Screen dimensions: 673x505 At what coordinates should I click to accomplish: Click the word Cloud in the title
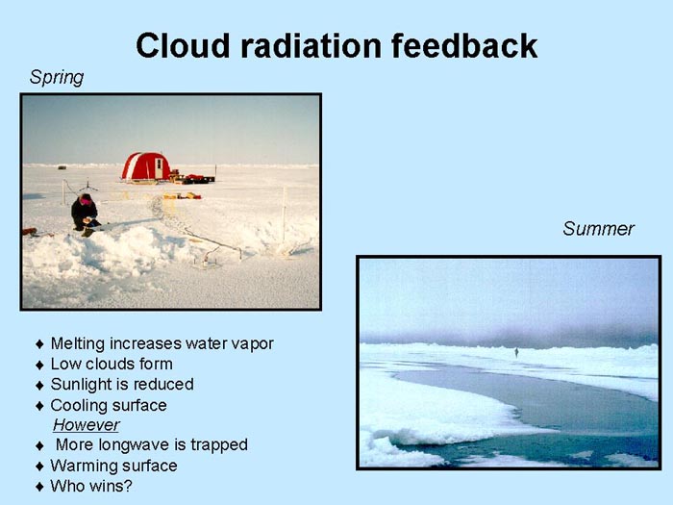point(183,45)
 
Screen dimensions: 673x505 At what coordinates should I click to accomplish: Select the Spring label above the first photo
point(56,78)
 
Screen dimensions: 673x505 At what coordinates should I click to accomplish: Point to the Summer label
point(598,229)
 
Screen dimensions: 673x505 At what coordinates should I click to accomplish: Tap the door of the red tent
point(159,168)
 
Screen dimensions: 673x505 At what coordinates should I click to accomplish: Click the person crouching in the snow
point(85,214)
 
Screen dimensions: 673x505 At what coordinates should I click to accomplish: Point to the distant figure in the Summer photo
point(516,353)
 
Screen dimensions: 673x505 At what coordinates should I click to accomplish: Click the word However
point(87,425)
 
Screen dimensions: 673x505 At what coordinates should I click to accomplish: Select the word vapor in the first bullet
point(252,344)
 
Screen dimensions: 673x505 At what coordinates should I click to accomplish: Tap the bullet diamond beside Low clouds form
point(40,365)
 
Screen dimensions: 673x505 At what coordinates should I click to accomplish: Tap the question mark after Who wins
point(128,486)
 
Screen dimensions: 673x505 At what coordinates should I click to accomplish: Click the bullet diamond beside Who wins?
point(40,487)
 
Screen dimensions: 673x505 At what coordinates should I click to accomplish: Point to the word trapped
point(219,444)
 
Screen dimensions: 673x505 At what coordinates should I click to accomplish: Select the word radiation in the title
point(311,45)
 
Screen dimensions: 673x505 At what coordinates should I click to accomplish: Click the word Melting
point(78,344)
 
